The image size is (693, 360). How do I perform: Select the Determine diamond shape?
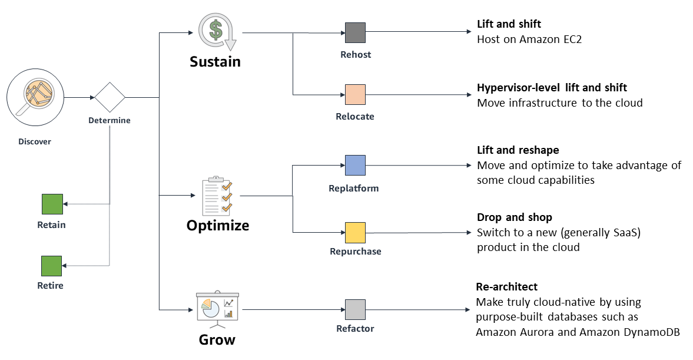pyautogui.click(x=110, y=97)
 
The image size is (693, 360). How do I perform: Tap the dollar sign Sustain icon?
pyautogui.click(x=216, y=32)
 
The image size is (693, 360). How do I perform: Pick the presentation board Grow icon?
pyautogui.click(x=216, y=309)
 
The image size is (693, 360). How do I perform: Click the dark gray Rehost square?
pyautogui.click(x=355, y=33)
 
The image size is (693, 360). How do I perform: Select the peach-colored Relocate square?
pyautogui.click(x=355, y=94)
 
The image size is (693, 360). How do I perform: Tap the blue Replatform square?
pyautogui.click(x=355, y=166)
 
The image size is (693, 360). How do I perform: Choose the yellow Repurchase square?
pyautogui.click(x=355, y=233)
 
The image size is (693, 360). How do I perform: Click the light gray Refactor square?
pyautogui.click(x=355, y=309)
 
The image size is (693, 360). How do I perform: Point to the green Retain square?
pyautogui.click(x=52, y=204)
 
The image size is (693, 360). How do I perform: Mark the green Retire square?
pyautogui.click(x=51, y=266)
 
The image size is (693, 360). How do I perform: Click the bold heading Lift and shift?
pyautogui.click(x=509, y=25)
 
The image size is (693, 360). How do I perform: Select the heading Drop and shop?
pyautogui.click(x=514, y=217)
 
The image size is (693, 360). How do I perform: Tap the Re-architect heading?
pyautogui.click(x=506, y=287)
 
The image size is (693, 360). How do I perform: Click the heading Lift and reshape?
pyautogui.click(x=518, y=150)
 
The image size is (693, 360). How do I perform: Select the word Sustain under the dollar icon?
pyautogui.click(x=215, y=62)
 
